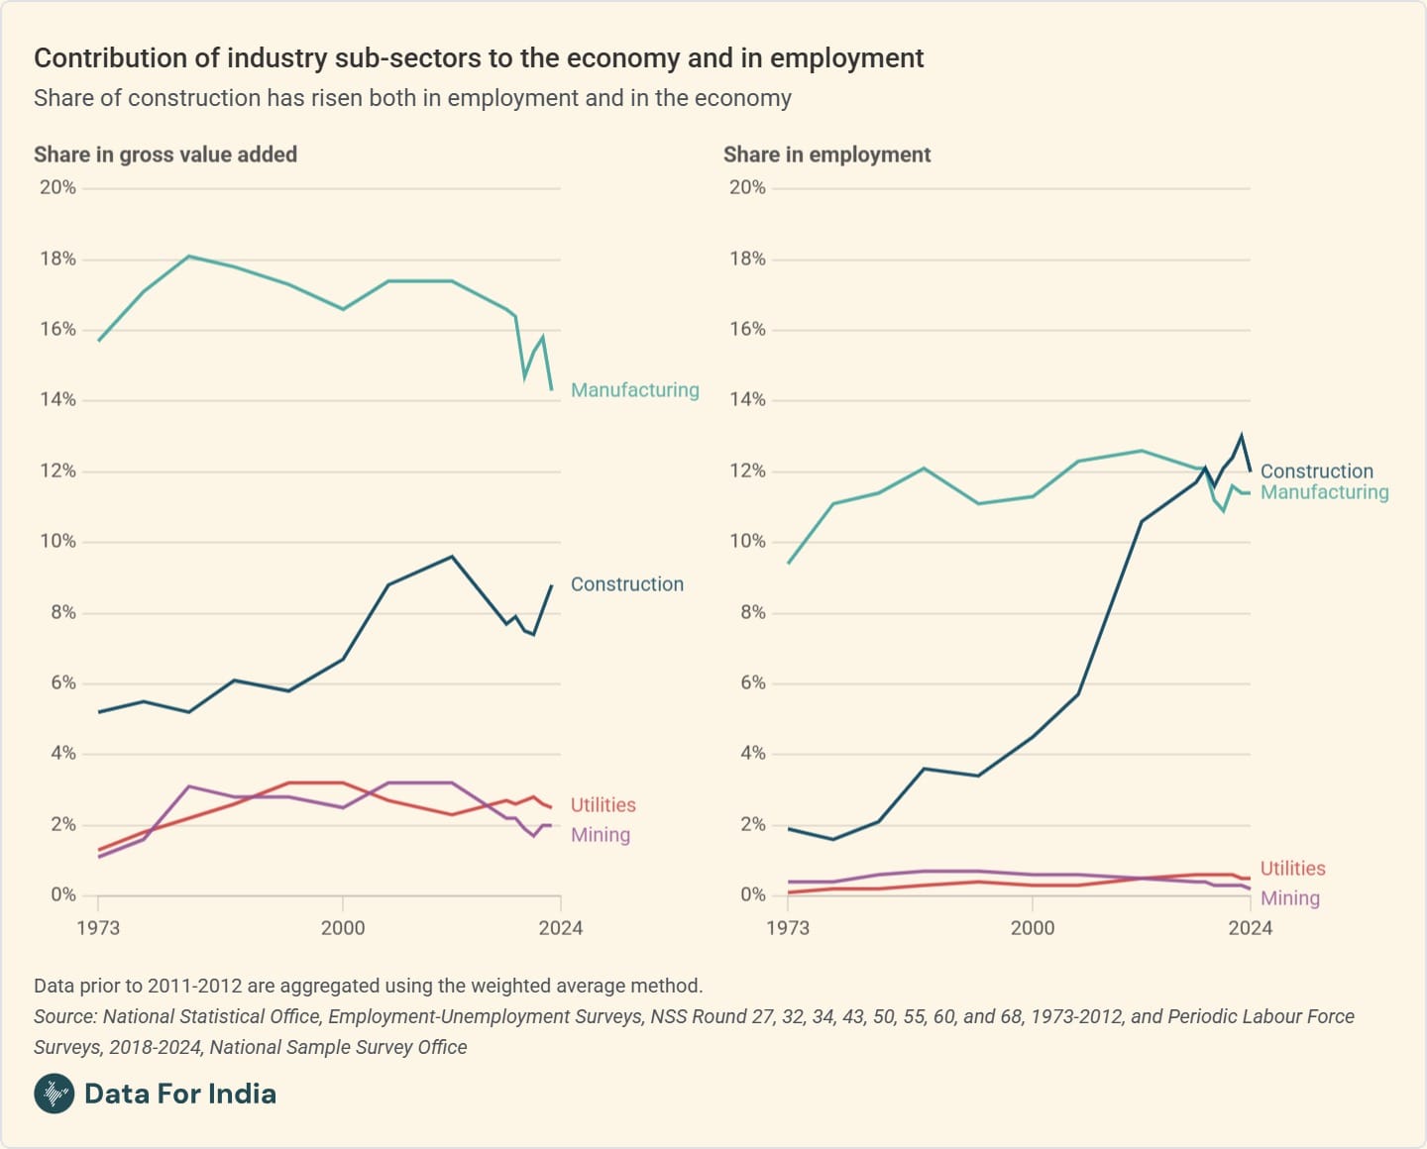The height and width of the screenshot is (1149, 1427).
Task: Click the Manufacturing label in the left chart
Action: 634,390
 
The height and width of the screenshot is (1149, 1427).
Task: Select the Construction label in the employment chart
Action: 1316,471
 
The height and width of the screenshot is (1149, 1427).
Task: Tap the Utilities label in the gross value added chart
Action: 603,805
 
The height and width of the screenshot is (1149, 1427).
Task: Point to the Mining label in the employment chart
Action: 1289,898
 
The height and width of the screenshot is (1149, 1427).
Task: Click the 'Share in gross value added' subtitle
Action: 165,155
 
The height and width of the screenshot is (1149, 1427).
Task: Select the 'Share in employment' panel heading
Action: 826,155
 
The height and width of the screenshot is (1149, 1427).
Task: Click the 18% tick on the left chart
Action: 57,259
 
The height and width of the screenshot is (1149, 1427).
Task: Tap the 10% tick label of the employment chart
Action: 747,541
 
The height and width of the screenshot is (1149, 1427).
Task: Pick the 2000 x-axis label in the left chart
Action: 343,928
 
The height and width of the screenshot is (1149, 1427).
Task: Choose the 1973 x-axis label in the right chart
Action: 788,928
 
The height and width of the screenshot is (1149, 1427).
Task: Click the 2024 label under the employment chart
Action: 1251,928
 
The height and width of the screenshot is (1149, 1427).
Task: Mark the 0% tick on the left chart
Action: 62,894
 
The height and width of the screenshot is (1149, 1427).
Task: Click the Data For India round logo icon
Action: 54,1094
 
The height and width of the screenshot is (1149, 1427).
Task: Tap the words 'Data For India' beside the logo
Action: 180,1094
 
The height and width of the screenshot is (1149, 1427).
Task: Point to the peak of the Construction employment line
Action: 1241,436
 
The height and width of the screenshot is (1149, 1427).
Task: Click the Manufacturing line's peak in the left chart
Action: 189,257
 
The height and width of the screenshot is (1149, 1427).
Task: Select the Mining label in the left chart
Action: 600,835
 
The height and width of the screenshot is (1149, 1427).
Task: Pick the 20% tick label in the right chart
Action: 747,187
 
